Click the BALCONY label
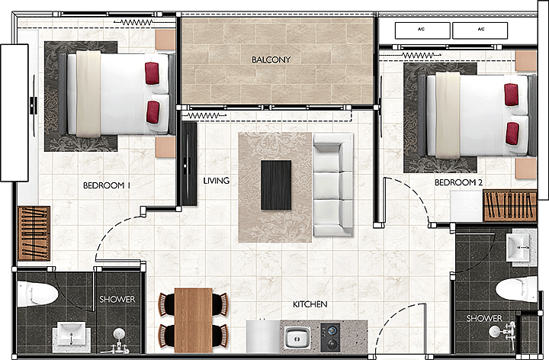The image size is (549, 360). tap(271, 59)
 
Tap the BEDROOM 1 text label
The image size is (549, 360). tap(107, 185)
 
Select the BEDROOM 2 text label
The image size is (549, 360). tap(459, 182)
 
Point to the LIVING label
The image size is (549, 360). tap(217, 181)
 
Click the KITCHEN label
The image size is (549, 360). tap(310, 304)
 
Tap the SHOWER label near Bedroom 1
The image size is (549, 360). tap(117, 300)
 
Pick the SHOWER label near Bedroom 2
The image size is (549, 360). tap(484, 318)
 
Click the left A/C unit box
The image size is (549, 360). tap(422, 31)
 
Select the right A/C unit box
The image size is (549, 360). tap(480, 31)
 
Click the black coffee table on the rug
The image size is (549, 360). tap(276, 185)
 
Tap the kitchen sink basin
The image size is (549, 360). tap(297, 338)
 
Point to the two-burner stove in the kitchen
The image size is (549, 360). tap(330, 337)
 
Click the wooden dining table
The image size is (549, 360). tap(193, 320)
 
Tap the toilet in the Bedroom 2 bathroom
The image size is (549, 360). tap(516, 289)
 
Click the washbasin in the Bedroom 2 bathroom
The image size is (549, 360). tap(518, 248)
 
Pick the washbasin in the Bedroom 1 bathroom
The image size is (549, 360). tap(72, 334)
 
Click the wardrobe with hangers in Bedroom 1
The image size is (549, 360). tap(34, 233)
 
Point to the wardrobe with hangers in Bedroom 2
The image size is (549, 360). tap(510, 206)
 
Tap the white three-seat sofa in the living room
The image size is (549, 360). tap(333, 185)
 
